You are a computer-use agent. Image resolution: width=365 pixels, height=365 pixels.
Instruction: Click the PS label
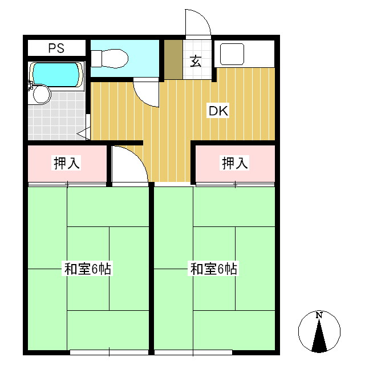56,48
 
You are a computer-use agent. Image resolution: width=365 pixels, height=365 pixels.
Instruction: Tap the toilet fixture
109,58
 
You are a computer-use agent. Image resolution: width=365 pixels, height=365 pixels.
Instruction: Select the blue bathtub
56,74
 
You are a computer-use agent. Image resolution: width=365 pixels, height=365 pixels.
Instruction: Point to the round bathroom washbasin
42,95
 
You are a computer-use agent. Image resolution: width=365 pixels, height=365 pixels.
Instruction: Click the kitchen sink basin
232,54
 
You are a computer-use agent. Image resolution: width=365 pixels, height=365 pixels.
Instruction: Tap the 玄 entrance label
196,61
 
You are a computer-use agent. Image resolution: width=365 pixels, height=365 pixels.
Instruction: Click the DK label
218,111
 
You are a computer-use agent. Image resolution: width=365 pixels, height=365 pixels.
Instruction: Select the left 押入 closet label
67,163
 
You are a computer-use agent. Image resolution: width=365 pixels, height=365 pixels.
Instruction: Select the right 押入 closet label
235,163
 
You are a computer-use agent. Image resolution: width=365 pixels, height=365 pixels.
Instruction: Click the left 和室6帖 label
87,269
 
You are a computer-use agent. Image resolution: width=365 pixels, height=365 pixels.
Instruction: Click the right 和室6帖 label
213,269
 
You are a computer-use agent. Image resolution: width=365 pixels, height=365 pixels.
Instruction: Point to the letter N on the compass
319,315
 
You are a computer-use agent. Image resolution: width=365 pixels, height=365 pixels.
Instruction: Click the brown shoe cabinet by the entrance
173,59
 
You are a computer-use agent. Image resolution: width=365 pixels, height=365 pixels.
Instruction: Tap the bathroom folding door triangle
84,133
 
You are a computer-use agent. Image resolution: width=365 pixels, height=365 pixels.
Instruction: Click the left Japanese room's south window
109,352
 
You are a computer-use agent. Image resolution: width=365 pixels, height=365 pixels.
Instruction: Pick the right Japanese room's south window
193,352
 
